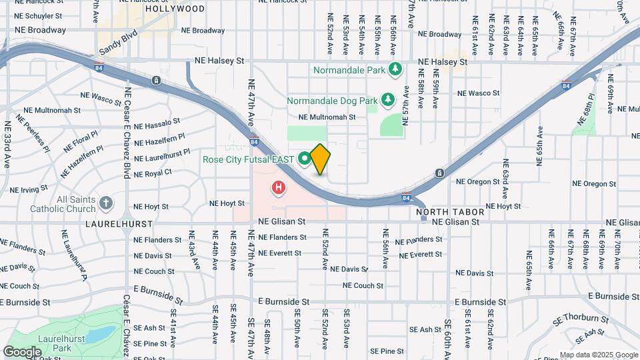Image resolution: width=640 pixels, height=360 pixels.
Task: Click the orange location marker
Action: pyautogui.click(x=321, y=159)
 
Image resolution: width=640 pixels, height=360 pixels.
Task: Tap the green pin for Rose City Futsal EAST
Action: pyautogui.click(x=305, y=158)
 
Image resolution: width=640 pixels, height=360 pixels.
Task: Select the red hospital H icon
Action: pyautogui.click(x=278, y=189)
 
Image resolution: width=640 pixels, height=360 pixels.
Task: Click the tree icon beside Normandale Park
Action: pyautogui.click(x=395, y=69)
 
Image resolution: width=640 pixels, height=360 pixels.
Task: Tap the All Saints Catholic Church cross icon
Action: pyautogui.click(x=106, y=203)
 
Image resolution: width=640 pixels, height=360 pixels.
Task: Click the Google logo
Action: pyautogui.click(x=22, y=351)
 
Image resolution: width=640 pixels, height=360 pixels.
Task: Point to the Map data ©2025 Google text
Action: pyautogui.click(x=598, y=355)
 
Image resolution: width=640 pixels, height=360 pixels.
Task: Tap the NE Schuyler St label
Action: pyautogui.click(x=38, y=15)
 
